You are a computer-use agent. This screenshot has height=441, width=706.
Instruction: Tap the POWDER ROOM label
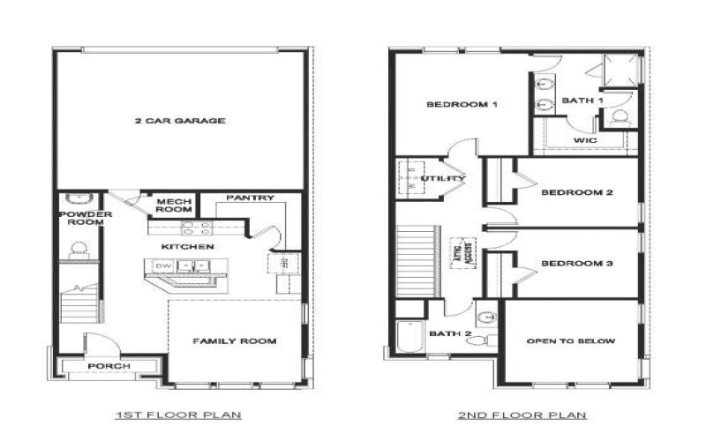coord(86,218)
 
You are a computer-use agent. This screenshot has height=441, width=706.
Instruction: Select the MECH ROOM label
coord(174,206)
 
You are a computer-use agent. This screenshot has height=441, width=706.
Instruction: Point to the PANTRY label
coord(250,198)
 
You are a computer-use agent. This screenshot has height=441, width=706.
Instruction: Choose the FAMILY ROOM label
coord(234,340)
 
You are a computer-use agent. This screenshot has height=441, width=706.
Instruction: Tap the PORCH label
coord(109,366)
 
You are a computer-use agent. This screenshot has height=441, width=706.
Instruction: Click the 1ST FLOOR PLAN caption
coord(178,415)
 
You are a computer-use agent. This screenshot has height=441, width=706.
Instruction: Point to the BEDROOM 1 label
coord(462,105)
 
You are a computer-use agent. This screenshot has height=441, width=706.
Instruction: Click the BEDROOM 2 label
coord(577,192)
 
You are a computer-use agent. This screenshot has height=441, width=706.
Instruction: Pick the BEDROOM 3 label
coord(577,264)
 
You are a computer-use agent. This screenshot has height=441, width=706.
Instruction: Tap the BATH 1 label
coord(582,101)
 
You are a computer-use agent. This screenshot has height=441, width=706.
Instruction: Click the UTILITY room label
coord(443,179)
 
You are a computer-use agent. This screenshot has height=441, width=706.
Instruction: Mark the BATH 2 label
coord(449,333)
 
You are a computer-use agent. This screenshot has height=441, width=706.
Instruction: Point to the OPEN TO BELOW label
coord(570,340)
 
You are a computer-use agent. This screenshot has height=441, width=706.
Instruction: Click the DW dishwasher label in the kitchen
coord(163,265)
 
